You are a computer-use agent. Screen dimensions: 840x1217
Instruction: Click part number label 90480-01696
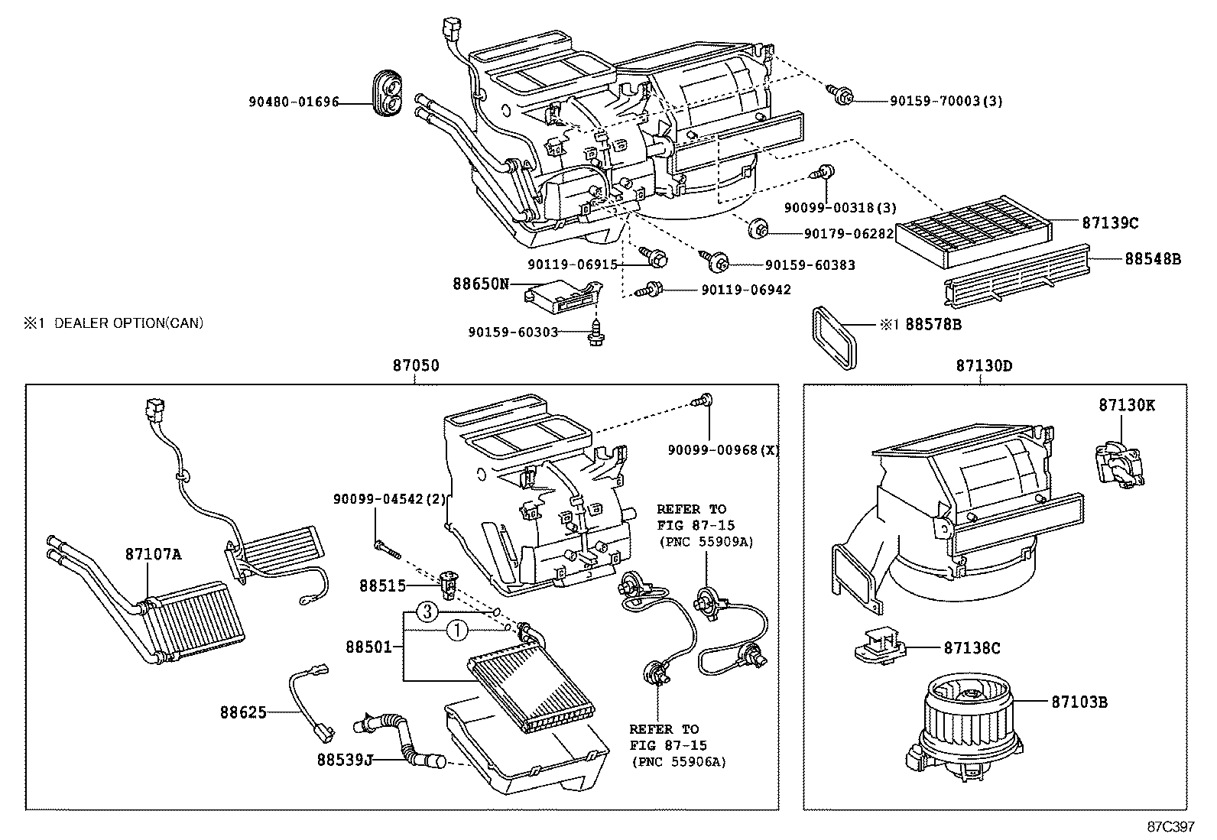pos(294,102)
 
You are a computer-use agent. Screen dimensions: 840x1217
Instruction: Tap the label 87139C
pos(1110,223)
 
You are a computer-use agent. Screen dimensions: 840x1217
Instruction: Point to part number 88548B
pos(1152,259)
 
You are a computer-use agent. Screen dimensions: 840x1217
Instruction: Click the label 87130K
pos(1127,406)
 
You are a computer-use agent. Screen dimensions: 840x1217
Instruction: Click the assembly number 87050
pos(416,366)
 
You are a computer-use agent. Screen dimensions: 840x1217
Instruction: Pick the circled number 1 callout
pos(456,631)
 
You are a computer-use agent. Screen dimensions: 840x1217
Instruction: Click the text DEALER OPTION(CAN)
pos(128,323)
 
